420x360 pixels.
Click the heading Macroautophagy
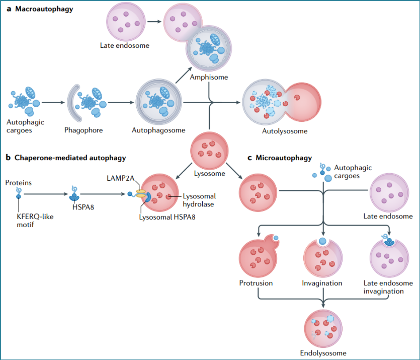(x=44, y=9)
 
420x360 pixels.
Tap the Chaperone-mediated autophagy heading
(x=70, y=158)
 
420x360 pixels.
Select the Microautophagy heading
(x=284, y=158)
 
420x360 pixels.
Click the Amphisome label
(x=209, y=77)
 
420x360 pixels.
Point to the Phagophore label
(x=83, y=130)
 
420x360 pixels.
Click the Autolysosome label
(x=285, y=131)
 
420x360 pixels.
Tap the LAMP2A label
(x=120, y=178)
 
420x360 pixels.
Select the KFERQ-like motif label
(x=35, y=221)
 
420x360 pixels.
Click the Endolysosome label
(x=323, y=353)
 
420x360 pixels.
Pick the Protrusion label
(x=256, y=283)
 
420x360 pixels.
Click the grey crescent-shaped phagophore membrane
(x=71, y=103)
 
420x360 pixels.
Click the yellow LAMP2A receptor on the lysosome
(x=141, y=193)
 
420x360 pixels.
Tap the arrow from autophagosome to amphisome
(x=184, y=76)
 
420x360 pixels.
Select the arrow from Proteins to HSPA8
(x=46, y=194)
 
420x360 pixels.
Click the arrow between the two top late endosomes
(x=154, y=22)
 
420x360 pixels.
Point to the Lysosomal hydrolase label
(x=199, y=200)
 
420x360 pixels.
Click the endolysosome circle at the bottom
(x=323, y=329)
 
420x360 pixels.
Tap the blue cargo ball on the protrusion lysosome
(x=276, y=238)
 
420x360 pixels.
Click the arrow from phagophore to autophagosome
(x=121, y=102)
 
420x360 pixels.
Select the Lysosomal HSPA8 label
(x=167, y=217)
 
